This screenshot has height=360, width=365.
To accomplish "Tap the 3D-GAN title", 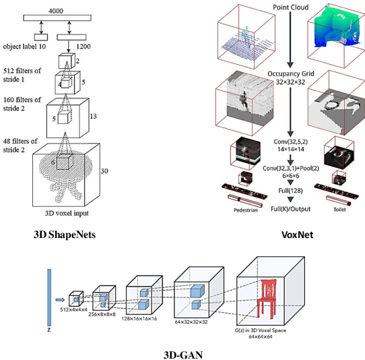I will (183, 353).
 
